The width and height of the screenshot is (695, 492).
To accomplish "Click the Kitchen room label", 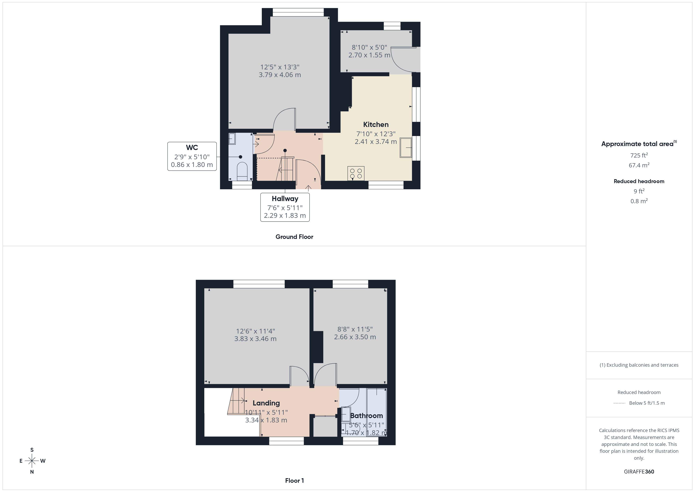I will click(376, 125).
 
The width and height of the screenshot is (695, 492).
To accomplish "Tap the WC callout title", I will click(192, 147).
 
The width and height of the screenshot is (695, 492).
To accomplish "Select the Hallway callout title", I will click(285, 199).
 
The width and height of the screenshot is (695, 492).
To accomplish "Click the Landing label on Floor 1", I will click(266, 403).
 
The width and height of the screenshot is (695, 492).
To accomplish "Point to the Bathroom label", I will click(366, 416).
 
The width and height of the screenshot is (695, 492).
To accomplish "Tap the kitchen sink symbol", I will click(406, 147).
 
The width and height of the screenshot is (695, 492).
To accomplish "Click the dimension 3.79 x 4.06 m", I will click(280, 75).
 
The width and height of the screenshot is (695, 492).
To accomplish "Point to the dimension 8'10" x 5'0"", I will click(369, 48).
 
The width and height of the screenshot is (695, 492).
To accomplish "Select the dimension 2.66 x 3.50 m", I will click(355, 337).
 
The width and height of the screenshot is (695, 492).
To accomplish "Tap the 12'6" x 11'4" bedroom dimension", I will click(256, 331).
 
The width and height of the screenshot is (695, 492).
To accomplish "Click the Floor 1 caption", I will click(294, 481).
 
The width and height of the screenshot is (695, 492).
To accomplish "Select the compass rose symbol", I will click(32, 461).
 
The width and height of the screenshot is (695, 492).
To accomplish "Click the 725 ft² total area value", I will click(639, 155).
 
